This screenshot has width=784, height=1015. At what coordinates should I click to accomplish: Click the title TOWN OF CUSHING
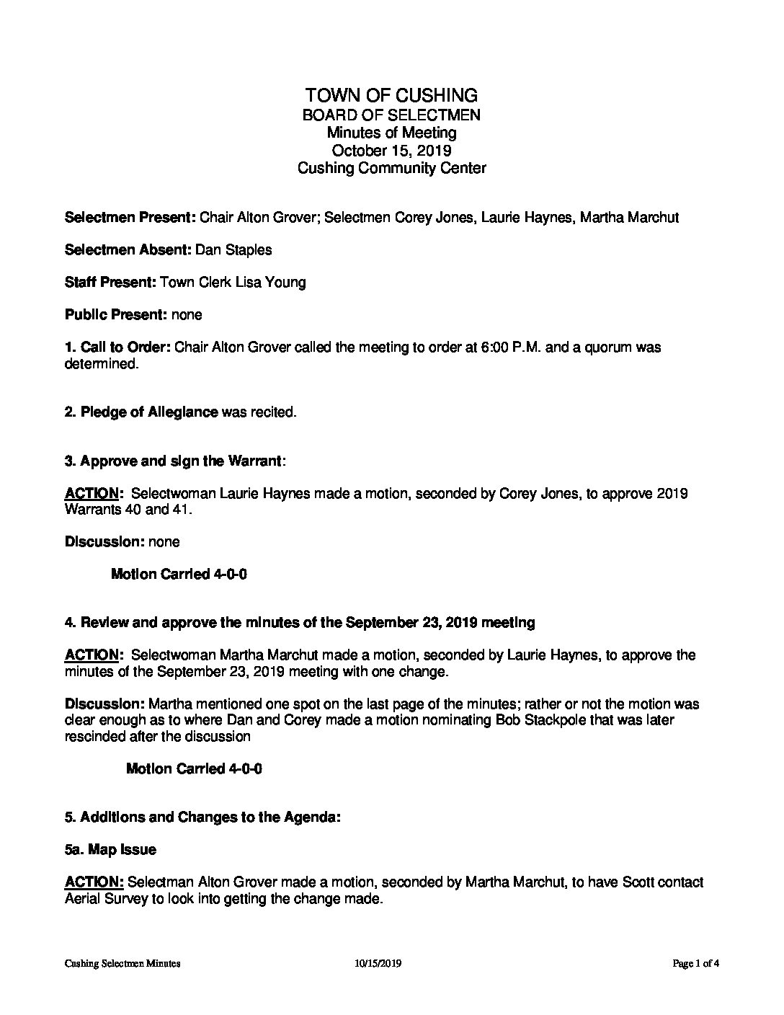coord(391,95)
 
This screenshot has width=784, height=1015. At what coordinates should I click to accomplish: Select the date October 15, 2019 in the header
coord(391,151)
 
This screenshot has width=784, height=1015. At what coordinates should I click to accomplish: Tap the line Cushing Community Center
coord(391,169)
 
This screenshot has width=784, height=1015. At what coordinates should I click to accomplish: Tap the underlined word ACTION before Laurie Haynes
coord(92,494)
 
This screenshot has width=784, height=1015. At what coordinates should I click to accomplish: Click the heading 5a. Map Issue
coord(110,850)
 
